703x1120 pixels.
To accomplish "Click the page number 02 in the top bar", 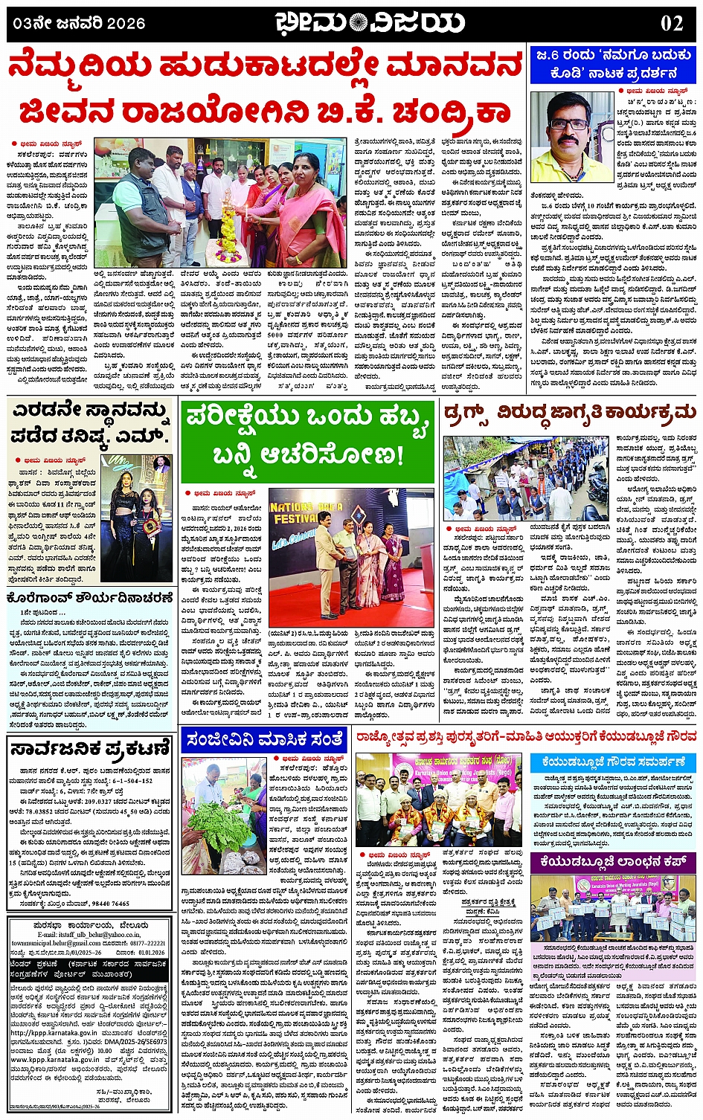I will coord(672,23).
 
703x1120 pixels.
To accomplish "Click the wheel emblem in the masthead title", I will coord(358,23).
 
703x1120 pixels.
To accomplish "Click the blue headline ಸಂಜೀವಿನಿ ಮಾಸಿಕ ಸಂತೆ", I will coord(265,740).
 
